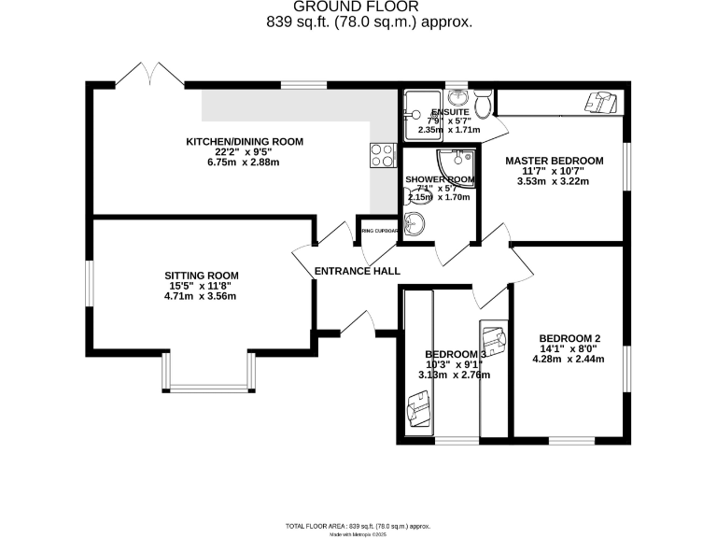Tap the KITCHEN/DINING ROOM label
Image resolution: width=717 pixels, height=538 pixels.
[x=245, y=142]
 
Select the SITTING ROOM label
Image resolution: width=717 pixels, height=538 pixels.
[x=202, y=276]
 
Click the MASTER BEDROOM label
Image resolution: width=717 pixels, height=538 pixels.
[x=555, y=161]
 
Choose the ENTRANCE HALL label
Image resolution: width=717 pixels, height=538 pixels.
[x=357, y=271]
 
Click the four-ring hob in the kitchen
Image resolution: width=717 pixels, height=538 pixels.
[x=382, y=155]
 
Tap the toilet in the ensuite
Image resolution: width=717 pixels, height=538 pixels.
[x=482, y=99]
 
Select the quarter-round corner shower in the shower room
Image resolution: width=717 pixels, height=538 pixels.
[x=460, y=165]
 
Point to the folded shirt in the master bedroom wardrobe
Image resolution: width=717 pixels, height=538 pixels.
[x=600, y=101]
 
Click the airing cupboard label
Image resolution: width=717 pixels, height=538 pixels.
[x=379, y=230]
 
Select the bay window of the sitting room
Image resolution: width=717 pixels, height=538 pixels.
[x=206, y=384]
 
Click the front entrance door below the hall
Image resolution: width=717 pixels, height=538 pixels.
[x=356, y=322]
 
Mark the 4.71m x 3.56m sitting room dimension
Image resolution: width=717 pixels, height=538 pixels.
[x=202, y=297]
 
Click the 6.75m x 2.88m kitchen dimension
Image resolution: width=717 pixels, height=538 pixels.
[x=245, y=163]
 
